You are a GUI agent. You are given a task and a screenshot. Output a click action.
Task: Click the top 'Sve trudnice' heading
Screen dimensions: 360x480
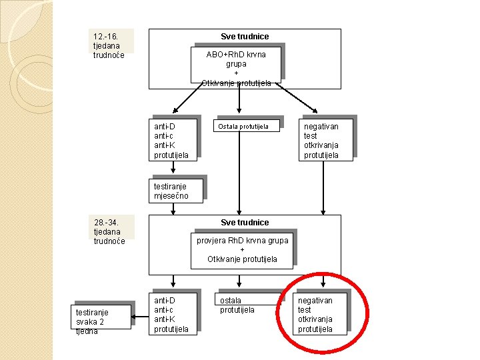245,36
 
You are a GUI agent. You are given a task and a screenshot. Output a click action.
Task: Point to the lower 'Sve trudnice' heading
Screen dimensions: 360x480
245,222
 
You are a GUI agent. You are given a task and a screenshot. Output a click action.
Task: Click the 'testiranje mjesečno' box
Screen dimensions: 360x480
176,191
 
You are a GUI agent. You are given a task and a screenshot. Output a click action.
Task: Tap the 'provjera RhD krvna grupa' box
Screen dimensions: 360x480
242,249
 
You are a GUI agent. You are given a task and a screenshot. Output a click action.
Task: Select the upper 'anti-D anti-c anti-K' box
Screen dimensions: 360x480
173,140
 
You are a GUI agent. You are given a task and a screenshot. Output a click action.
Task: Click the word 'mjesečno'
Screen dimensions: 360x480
171,196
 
